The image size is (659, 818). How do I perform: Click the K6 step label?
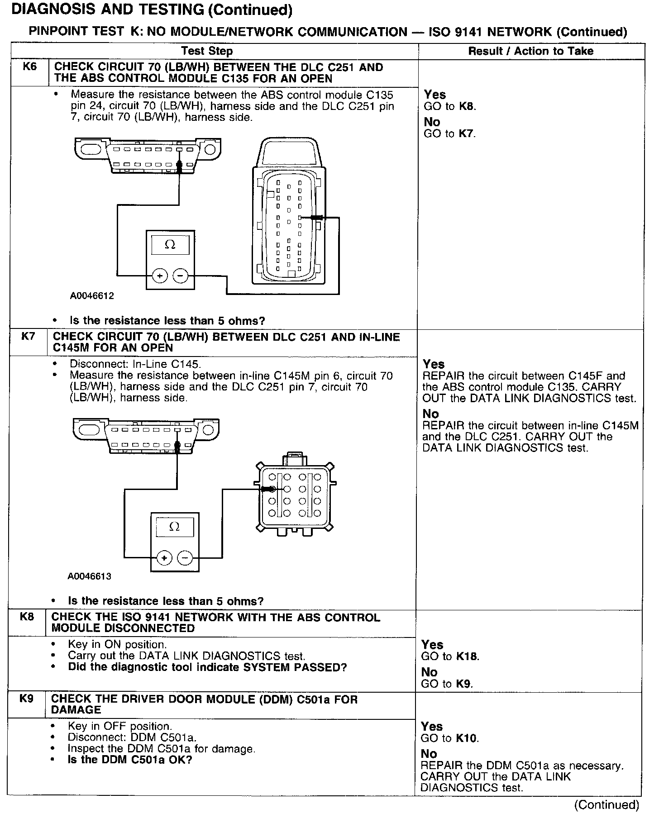29,67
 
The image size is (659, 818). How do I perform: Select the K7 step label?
28,337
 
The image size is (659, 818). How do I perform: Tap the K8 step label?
27,617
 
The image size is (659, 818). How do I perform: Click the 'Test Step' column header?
207,51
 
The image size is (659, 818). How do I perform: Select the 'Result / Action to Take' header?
530,51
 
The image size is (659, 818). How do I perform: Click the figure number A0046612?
92,296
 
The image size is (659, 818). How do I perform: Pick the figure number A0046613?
89,576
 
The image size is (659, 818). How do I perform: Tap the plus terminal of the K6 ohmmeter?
159,275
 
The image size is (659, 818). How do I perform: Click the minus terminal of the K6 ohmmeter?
181,275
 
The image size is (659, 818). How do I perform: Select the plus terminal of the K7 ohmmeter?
164,558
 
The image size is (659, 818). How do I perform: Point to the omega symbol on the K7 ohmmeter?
174,527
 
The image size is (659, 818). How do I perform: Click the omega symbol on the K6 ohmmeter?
170,244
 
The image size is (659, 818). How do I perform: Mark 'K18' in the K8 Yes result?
468,656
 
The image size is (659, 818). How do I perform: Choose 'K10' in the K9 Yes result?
467,738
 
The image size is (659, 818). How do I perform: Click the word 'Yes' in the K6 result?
435,95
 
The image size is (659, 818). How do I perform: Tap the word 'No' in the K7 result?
430,414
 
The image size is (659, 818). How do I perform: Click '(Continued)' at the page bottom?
606,805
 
